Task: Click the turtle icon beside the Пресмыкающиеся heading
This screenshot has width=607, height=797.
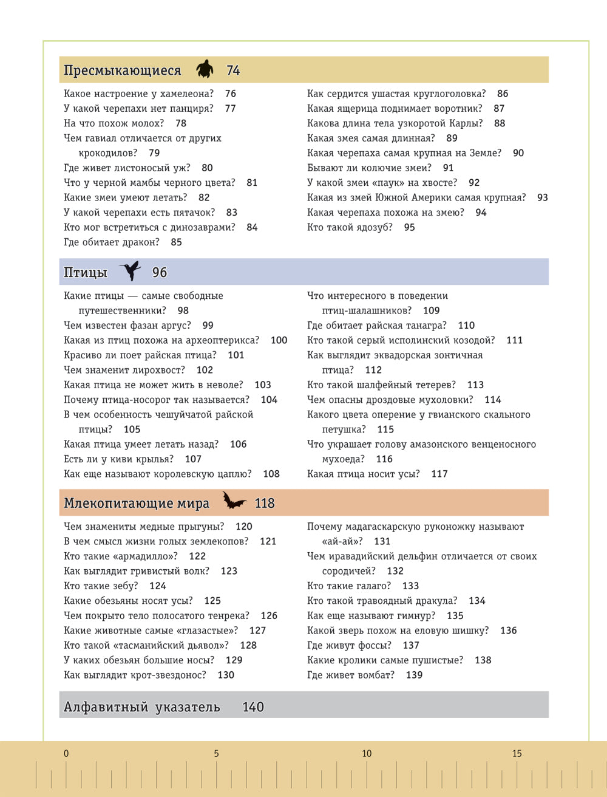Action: [x=205, y=69]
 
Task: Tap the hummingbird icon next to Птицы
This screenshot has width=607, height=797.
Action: [x=131, y=271]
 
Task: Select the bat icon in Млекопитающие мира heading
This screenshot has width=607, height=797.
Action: [x=234, y=501]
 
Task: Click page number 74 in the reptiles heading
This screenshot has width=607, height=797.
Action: [x=233, y=70]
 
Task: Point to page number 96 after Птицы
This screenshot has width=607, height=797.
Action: [x=160, y=273]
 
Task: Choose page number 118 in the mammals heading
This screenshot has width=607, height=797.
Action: [x=265, y=503]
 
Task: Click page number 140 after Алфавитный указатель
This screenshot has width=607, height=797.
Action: [x=253, y=706]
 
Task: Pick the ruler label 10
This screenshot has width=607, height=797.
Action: [x=367, y=753]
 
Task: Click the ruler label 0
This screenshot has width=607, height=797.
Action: [x=66, y=753]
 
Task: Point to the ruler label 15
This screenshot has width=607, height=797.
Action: [x=517, y=753]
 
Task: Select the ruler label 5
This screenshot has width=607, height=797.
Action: [x=216, y=753]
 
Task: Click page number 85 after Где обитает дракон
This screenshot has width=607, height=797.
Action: [x=176, y=242]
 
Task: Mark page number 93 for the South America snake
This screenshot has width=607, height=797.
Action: [x=542, y=197]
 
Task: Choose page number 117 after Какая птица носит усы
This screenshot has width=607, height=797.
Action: [x=439, y=474]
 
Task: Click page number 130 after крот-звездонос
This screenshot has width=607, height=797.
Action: [x=226, y=675]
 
